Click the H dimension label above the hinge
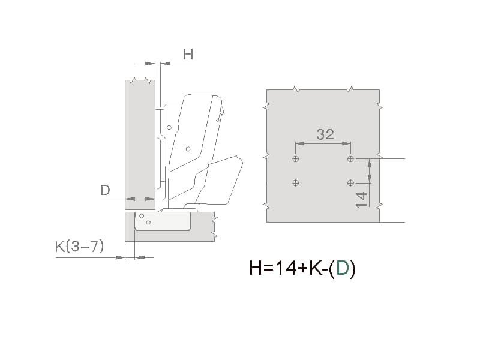coord(188,54)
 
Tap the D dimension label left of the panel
coord(105,190)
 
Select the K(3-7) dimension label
coord(80,247)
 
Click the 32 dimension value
coord(325,134)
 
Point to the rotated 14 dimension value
coord(361,200)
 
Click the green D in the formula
coord(342,268)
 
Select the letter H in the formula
coord(256,268)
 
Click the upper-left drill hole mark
coord(296,159)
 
